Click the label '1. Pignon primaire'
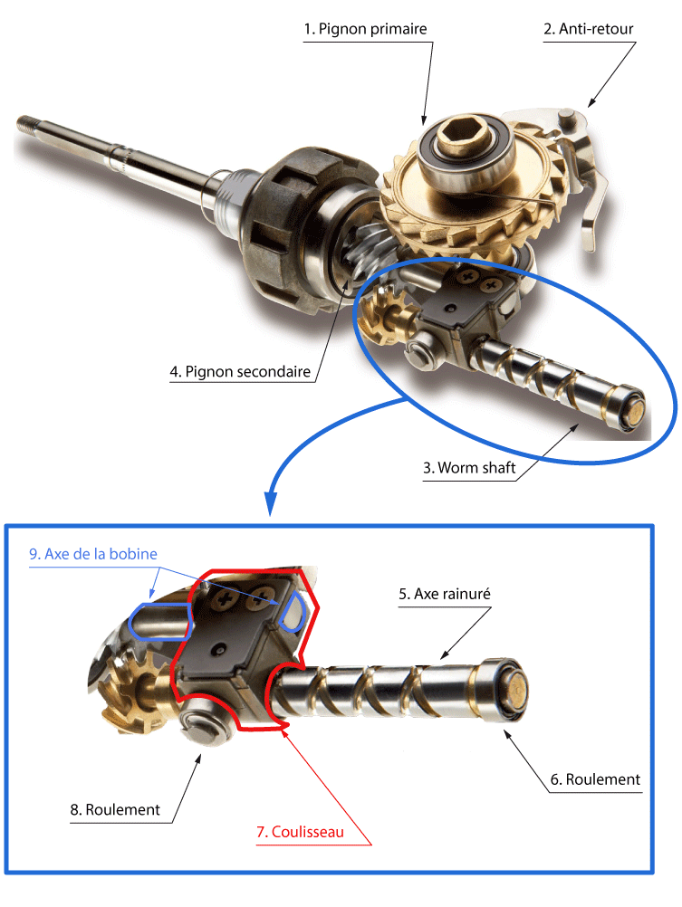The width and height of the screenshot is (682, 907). click(x=365, y=29)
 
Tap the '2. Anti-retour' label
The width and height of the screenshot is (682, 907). click(x=588, y=29)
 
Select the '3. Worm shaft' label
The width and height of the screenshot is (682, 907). click(x=469, y=467)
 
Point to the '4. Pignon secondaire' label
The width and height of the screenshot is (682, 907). click(x=240, y=371)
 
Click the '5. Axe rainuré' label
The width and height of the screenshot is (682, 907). click(x=445, y=594)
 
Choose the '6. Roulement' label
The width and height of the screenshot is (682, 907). click(x=595, y=779)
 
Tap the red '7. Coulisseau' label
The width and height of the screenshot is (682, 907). click(x=300, y=832)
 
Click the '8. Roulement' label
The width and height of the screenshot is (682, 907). click(x=115, y=809)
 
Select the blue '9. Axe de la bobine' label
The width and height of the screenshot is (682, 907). click(x=93, y=554)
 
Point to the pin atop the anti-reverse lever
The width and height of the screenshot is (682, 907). click(x=566, y=118)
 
